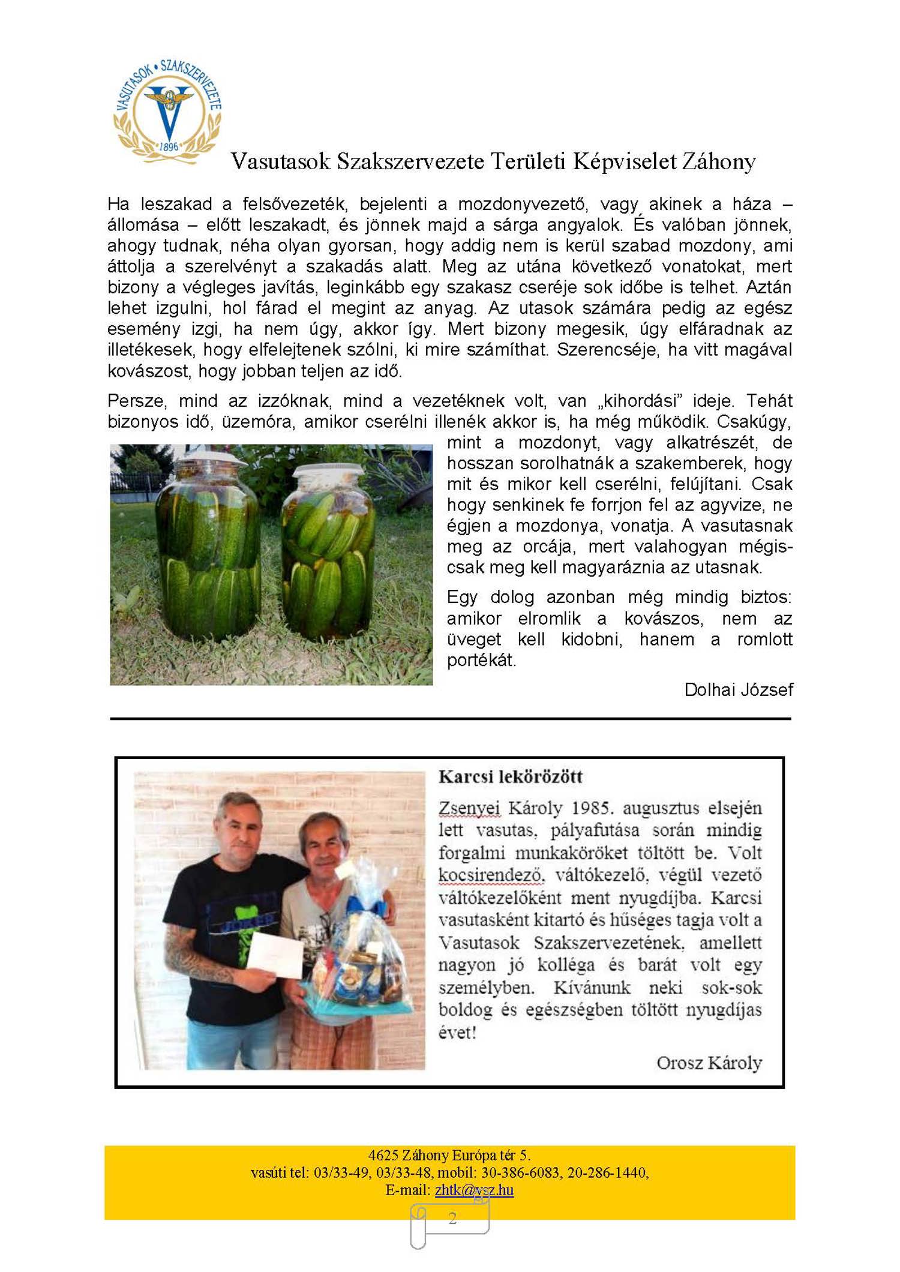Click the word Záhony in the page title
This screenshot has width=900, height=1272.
click(x=718, y=161)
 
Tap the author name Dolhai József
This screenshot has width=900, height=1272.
click(x=738, y=689)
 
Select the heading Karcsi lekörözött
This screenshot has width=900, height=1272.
click(x=511, y=776)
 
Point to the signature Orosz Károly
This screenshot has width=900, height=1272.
click(x=709, y=1079)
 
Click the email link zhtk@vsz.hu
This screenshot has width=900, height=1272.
click(x=474, y=1190)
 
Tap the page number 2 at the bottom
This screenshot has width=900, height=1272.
click(x=452, y=1217)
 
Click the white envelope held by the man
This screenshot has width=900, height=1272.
click(x=275, y=955)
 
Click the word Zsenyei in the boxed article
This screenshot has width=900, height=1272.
click(x=469, y=808)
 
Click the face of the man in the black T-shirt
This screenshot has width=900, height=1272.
click(x=239, y=825)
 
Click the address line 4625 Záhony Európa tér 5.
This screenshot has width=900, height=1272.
click(x=449, y=1155)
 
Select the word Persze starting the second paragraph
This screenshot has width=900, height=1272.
click(x=135, y=400)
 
